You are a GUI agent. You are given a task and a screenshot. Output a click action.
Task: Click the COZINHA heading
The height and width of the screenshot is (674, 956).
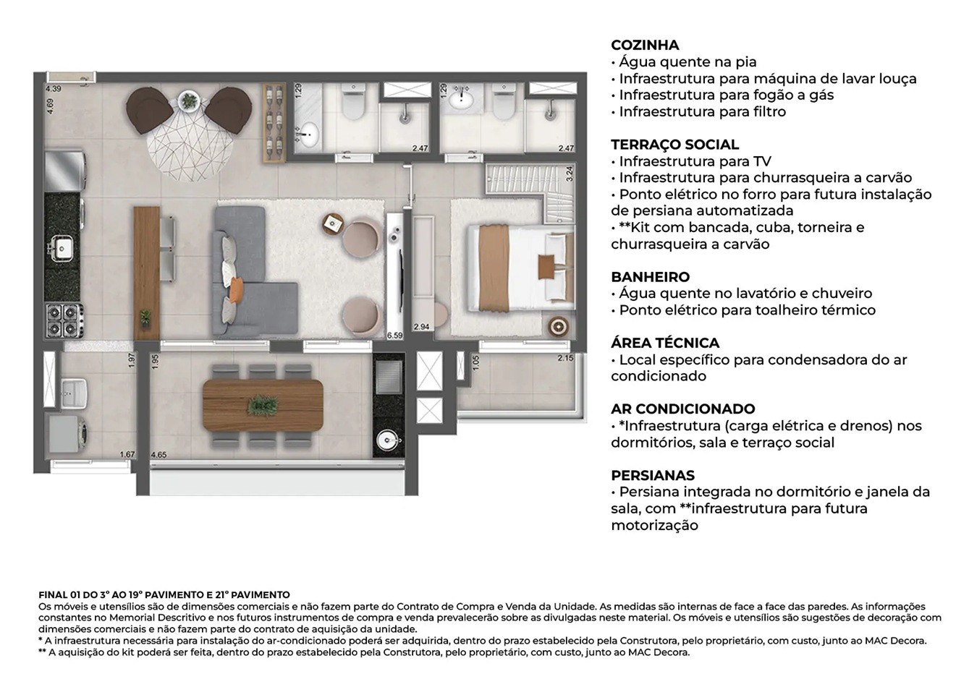645,46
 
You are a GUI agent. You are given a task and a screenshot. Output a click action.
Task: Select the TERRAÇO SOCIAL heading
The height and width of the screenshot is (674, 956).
674,145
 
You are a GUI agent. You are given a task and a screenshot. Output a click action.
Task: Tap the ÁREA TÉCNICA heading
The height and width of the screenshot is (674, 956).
664,343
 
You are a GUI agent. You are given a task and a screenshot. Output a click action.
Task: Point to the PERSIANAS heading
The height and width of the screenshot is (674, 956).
653,475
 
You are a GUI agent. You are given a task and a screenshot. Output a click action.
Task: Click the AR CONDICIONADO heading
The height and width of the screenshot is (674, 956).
682,409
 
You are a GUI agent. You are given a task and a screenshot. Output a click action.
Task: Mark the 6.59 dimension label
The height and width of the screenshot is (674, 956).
394,336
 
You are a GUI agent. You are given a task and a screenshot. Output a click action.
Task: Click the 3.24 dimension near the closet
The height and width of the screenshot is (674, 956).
569,173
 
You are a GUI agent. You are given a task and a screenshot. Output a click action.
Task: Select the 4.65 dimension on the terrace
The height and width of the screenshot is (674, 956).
158,455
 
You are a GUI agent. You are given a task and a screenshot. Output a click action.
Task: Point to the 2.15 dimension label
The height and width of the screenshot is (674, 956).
565,358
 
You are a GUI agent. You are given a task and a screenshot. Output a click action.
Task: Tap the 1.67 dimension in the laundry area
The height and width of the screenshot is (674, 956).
127,455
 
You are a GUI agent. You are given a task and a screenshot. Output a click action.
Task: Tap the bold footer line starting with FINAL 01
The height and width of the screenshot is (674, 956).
164,594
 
